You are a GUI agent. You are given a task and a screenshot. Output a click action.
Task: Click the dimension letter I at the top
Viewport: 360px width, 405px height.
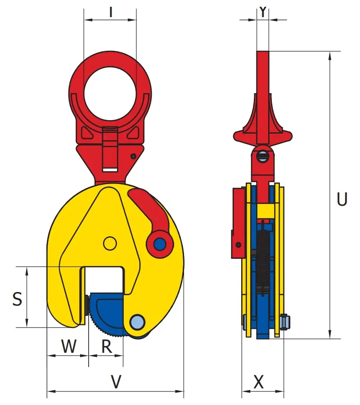pyautogui.click(x=111, y=12)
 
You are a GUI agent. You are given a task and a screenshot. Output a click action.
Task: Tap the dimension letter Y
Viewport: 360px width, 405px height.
pyautogui.click(x=263, y=12)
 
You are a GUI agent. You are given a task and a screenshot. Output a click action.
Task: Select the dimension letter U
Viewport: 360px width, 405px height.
pyautogui.click(x=342, y=199)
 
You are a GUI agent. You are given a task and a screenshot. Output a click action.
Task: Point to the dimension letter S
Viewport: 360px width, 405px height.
pyautogui.click(x=17, y=299)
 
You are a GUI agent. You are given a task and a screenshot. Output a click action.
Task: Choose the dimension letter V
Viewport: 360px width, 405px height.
pyautogui.click(x=116, y=382)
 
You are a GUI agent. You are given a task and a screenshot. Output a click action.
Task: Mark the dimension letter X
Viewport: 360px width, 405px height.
pyautogui.click(x=258, y=382)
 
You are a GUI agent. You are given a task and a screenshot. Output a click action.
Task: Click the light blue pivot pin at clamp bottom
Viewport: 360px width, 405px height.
pyautogui.click(x=137, y=322)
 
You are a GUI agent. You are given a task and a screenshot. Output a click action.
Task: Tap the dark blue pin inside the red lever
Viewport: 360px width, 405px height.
pyautogui.click(x=160, y=243)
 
